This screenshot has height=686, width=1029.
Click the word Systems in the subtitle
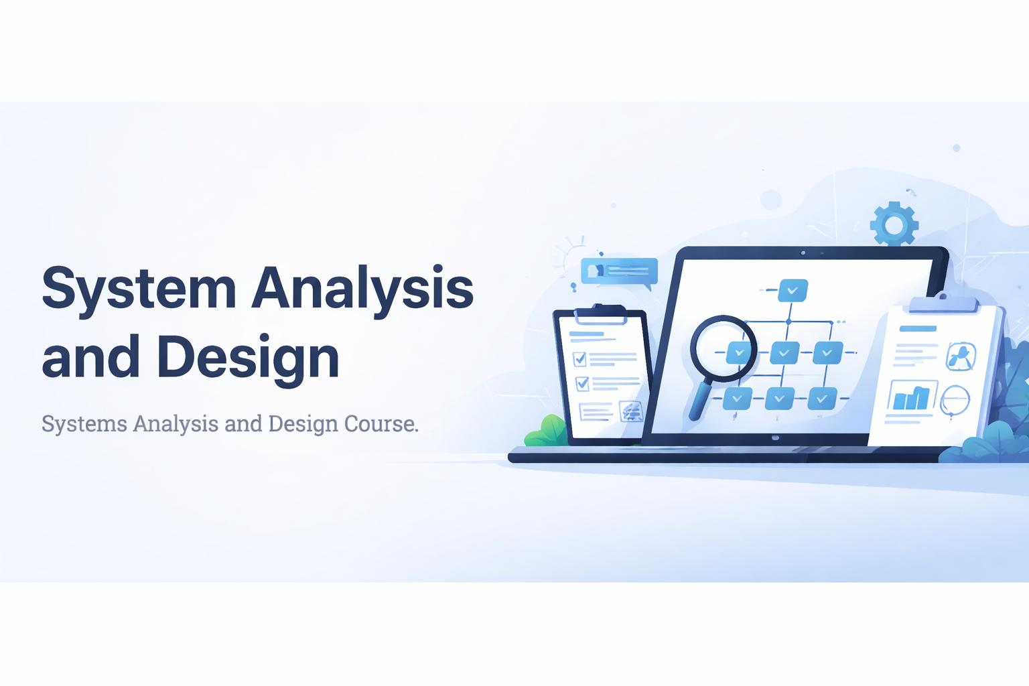pos(84,423)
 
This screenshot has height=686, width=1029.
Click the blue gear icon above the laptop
pos(894,224)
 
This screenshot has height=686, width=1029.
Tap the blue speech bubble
pos(619,273)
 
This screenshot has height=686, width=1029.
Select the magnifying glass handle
pos(701,401)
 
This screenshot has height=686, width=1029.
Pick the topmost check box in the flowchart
pos(793,290)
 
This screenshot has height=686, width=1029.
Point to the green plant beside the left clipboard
pos(547,431)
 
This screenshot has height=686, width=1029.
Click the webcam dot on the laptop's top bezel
pos(803,253)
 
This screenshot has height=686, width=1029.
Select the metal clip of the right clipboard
pos(943,303)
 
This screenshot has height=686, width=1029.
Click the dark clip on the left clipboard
pos(600,314)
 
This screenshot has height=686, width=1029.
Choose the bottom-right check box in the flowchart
pos(822,399)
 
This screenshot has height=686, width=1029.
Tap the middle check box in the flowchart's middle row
pos(784,353)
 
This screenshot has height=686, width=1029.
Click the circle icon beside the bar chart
pos(955,400)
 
